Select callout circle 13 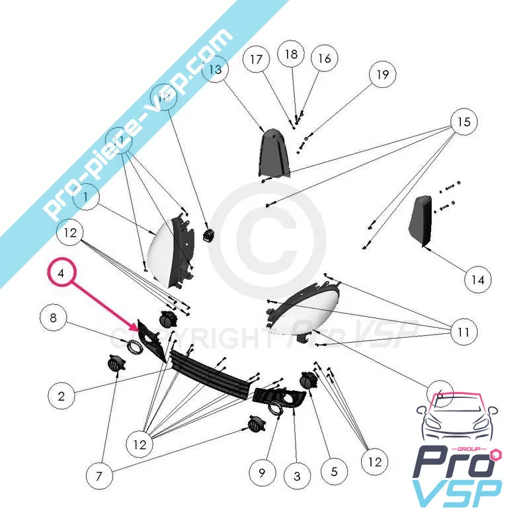[216, 69]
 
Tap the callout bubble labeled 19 [382, 75]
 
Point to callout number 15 [464, 122]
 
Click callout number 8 [53, 318]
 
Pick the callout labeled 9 [262, 472]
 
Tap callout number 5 [334, 472]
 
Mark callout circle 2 [61, 397]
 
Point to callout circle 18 [292, 54]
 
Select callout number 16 [324, 59]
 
